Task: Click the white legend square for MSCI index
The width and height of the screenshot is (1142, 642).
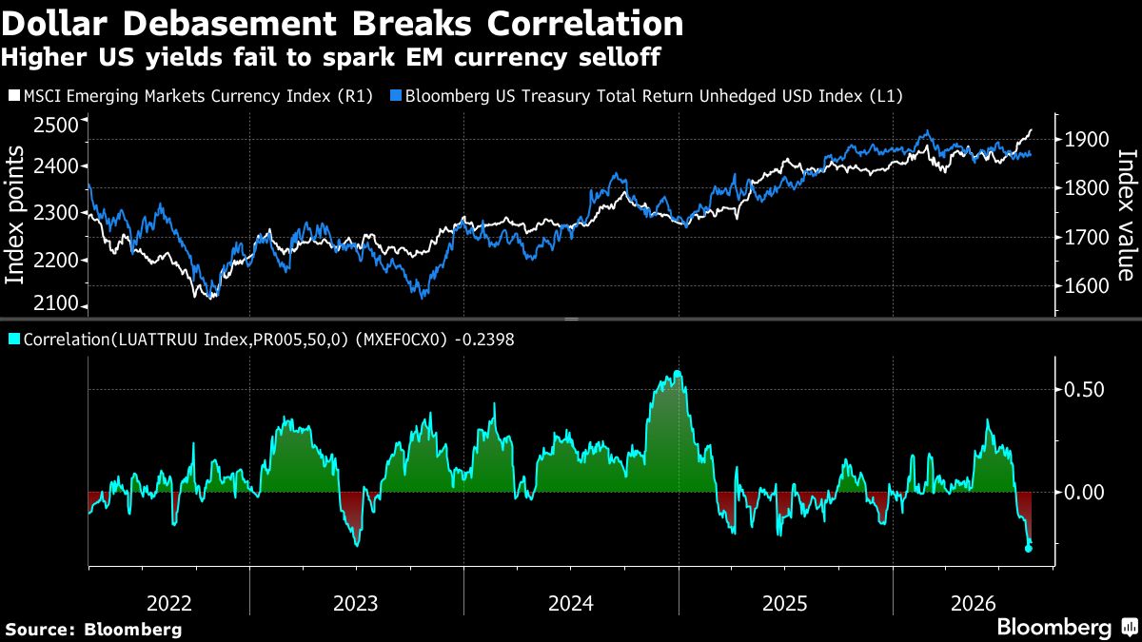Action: pos(14,95)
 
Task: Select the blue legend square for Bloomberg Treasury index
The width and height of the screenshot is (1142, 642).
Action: pos(396,95)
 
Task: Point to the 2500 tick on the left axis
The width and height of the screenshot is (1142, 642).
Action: pos(56,125)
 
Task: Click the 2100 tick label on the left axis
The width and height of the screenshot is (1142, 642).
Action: pos(56,303)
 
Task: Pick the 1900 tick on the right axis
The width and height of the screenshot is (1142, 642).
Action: pos(1087,140)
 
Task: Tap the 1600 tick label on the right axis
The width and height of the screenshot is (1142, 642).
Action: pos(1087,286)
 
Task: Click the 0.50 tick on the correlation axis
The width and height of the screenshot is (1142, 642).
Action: pos(1084,390)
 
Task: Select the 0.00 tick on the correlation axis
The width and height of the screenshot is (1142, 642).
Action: pos(1084,493)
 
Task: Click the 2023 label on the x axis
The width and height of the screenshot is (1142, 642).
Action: pos(355,604)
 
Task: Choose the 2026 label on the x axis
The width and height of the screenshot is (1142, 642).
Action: pos(974,604)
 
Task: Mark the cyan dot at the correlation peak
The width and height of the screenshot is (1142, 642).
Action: pos(678,375)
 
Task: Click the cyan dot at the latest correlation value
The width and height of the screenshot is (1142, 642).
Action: pos(1029,548)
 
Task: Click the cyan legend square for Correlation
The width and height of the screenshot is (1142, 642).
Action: pos(14,339)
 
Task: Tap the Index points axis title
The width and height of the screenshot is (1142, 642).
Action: pos(14,215)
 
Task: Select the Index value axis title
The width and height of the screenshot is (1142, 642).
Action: pos(1128,215)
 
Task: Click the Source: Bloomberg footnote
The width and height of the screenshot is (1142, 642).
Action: pos(93,630)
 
